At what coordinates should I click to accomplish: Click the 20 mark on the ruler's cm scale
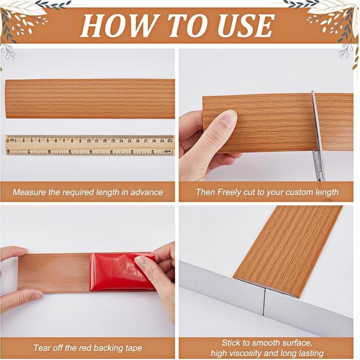tap(170, 141)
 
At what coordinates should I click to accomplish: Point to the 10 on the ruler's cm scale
tap(89, 141)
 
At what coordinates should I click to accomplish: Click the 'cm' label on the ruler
tap(12, 140)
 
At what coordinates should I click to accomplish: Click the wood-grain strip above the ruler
tap(90, 99)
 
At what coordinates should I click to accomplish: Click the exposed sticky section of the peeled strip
tap(54, 272)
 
